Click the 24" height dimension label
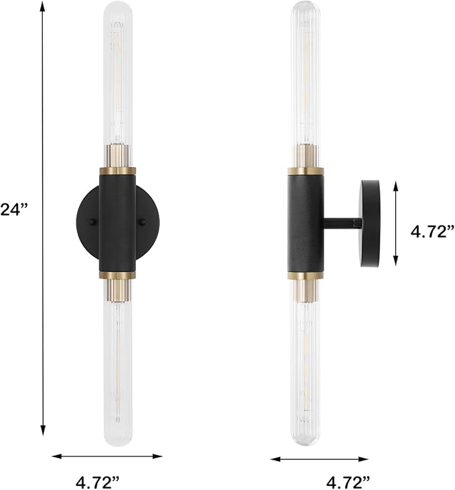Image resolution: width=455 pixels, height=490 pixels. (13, 210)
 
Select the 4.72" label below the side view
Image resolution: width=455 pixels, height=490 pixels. (348, 481)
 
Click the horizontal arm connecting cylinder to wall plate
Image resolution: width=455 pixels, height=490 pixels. (342, 223)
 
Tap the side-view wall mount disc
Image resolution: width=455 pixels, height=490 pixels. (371, 223)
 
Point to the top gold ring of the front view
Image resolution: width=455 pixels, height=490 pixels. (118, 170)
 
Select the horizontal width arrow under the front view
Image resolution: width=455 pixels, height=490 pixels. (107, 456)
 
